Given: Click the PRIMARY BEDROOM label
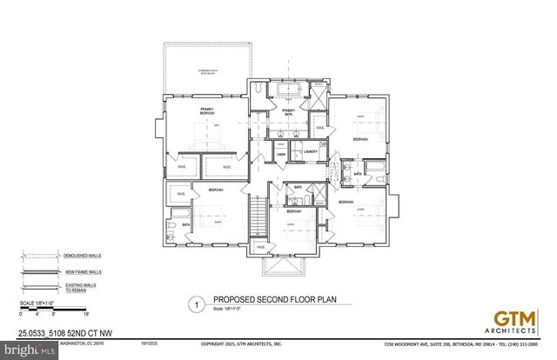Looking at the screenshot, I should tap(208, 111).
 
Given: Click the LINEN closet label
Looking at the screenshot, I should tap(281, 156).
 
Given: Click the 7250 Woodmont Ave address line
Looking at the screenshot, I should tap(460, 344).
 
